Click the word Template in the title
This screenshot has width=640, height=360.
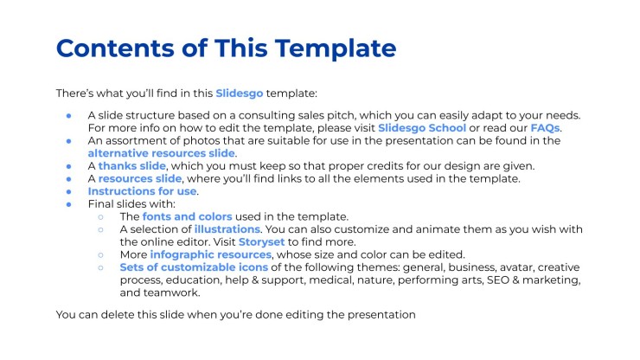pyautogui.click(x=336, y=48)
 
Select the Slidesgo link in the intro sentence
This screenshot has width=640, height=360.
pyautogui.click(x=240, y=93)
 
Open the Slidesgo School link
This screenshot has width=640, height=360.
pyautogui.click(x=422, y=128)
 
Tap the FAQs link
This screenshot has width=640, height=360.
pyautogui.click(x=545, y=128)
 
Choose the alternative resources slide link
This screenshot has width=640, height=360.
pyautogui.click(x=161, y=153)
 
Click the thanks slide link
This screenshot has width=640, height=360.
pyautogui.click(x=131, y=166)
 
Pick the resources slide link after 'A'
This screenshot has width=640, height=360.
pyautogui.click(x=140, y=178)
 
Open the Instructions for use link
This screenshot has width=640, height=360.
pyautogui.click(x=142, y=191)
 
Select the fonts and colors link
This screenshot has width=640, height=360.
pyautogui.click(x=188, y=216)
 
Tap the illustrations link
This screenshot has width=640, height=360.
pyautogui.click(x=227, y=229)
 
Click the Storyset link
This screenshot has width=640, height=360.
pyautogui.click(x=262, y=242)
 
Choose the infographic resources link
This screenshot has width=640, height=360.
pyautogui.click(x=211, y=254)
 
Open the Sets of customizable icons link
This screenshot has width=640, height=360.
pyautogui.click(x=194, y=267)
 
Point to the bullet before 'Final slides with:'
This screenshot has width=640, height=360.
pyautogui.click(x=69, y=204)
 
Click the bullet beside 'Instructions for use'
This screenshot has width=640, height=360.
pyautogui.click(x=69, y=191)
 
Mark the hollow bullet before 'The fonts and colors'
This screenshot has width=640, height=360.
pyautogui.click(x=101, y=217)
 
